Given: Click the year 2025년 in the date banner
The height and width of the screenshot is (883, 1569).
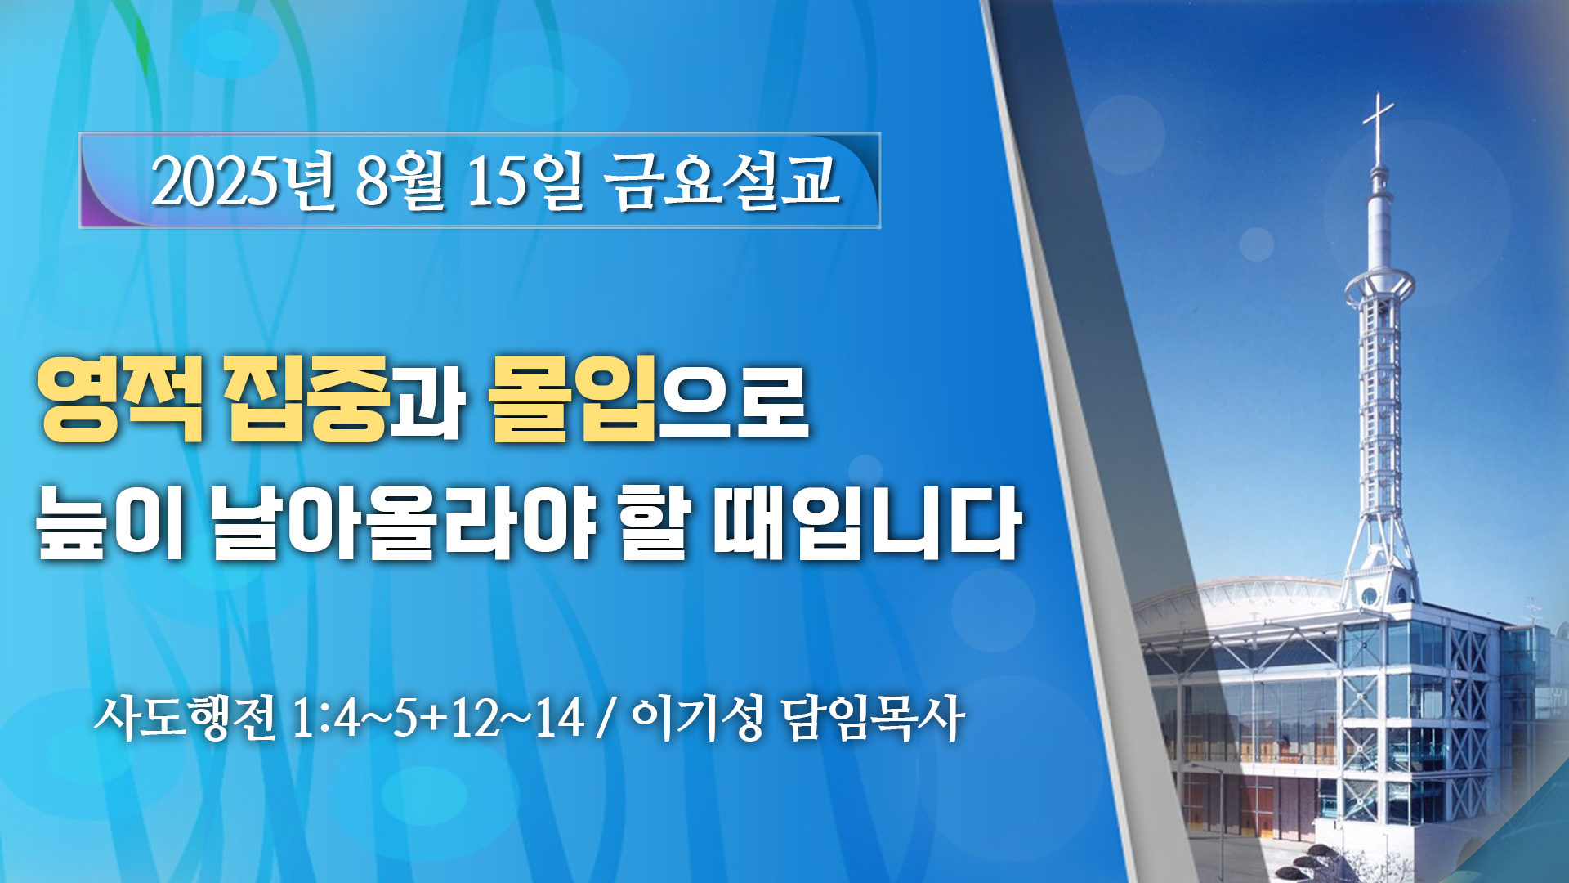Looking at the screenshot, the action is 243,181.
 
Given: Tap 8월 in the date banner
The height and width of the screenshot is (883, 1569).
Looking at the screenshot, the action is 400,181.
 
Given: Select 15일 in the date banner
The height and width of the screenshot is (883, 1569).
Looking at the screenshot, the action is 525,181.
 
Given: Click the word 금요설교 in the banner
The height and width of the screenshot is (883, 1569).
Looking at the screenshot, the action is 722,181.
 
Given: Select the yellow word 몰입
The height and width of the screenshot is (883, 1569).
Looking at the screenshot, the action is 574,400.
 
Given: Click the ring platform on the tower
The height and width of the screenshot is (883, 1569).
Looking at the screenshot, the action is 1379,285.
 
